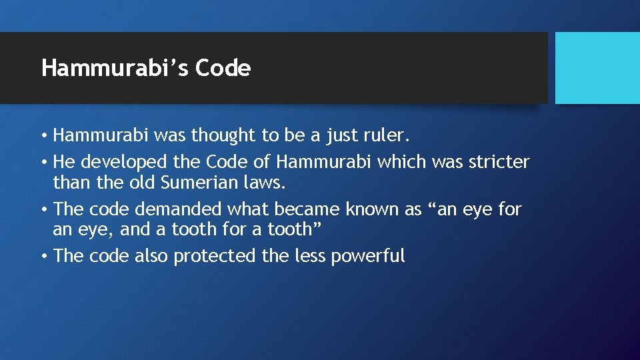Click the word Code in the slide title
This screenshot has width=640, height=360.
(x=223, y=68)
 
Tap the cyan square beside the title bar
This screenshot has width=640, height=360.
(x=597, y=68)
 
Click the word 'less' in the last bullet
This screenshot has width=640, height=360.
(x=310, y=256)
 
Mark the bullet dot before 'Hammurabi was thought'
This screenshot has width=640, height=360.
(x=43, y=137)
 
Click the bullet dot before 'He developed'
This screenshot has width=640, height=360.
(x=43, y=163)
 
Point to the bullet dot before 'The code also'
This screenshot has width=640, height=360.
(x=43, y=257)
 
